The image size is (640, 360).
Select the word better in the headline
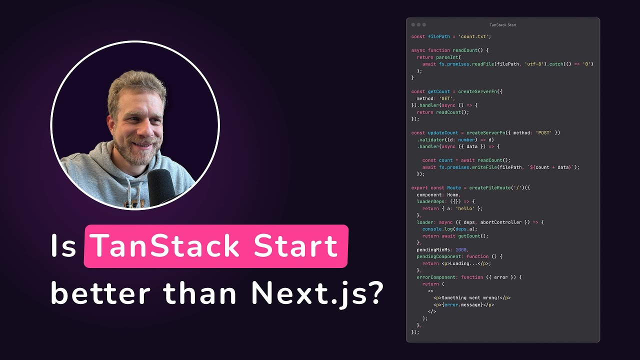click(x=100, y=294)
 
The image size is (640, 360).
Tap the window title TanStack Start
click(x=503, y=25)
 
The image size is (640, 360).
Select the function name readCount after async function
click(x=466, y=50)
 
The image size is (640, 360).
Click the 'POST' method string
click(x=542, y=133)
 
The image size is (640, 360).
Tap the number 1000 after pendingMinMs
click(x=461, y=249)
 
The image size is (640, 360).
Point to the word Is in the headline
click(x=63, y=246)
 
